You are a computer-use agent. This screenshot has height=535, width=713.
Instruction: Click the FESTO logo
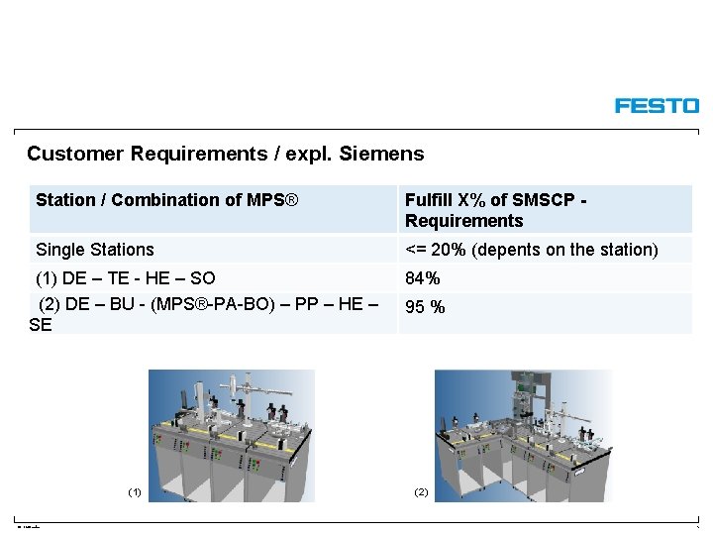[657, 106]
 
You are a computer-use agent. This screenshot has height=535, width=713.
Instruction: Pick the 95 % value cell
[425, 307]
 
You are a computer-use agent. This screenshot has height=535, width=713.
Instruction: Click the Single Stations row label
[95, 250]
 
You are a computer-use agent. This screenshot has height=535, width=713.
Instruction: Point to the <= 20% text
[437, 250]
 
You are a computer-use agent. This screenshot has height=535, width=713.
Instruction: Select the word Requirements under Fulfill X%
[463, 221]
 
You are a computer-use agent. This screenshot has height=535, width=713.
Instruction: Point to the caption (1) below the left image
[135, 492]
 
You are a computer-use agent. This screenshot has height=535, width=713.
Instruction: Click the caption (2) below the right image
[421, 492]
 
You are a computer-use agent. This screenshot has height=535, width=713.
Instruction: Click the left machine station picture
[232, 435]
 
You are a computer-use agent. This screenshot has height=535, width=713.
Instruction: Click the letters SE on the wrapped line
[41, 324]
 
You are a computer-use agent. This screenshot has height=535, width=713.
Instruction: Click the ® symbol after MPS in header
[290, 200]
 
